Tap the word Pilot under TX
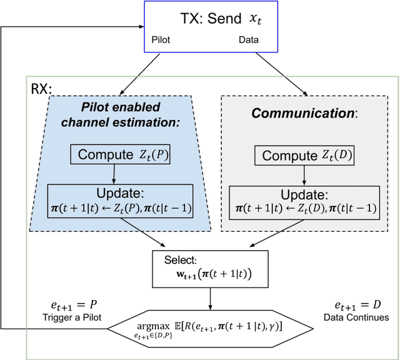click(x=162, y=39)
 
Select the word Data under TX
click(x=248, y=39)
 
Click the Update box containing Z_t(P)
click(x=117, y=200)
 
